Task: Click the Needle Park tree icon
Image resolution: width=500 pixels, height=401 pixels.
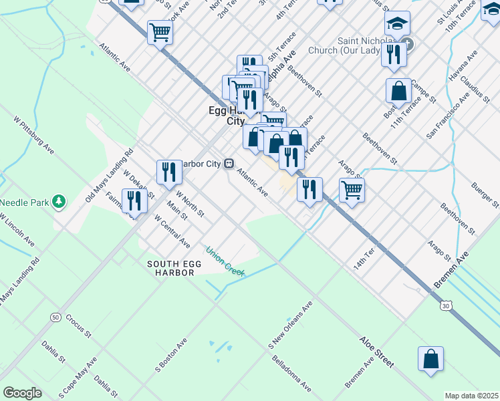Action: [x=59, y=201]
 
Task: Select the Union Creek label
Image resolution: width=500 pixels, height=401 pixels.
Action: [x=225, y=261]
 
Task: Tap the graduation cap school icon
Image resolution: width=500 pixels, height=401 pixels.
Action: [x=397, y=23]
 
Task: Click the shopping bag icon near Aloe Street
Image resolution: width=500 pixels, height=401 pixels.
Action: [x=430, y=358]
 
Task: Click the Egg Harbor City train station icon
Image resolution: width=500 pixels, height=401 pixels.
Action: [x=229, y=163]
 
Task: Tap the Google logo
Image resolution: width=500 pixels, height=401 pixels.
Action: [x=22, y=393]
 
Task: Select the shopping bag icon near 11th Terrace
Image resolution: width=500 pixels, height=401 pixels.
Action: [x=398, y=92]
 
